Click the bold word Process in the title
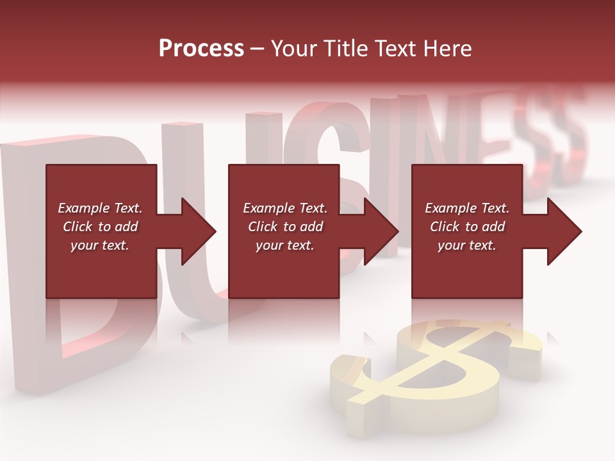click(x=201, y=48)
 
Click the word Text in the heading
click(x=393, y=48)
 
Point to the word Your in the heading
click(x=292, y=48)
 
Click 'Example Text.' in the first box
click(x=101, y=208)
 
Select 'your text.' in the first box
click(x=100, y=245)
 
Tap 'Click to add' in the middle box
click(x=285, y=227)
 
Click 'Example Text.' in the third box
click(x=467, y=208)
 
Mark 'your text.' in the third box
click(x=467, y=245)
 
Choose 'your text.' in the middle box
click(x=285, y=245)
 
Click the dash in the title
click(x=257, y=49)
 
